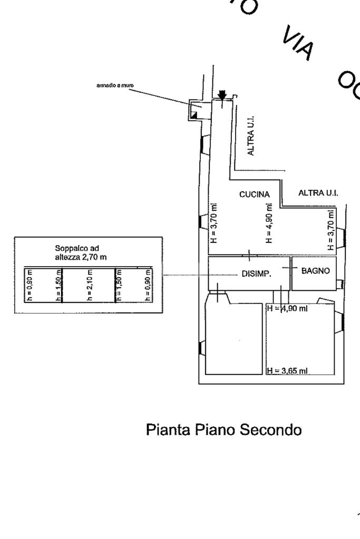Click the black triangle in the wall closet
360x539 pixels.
[x=194, y=114]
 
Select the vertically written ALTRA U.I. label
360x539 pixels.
[x=251, y=136]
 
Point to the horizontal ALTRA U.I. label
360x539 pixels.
[x=318, y=193]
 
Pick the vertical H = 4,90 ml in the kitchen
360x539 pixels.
[x=269, y=223]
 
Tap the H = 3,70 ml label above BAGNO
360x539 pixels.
[x=330, y=230]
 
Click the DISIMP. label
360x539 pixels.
[x=256, y=274]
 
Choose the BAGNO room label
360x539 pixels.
[x=315, y=271]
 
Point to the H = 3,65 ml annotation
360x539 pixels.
[x=287, y=371]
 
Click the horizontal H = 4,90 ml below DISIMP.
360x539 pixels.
[x=287, y=309]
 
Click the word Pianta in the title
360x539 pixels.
[x=166, y=430]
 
